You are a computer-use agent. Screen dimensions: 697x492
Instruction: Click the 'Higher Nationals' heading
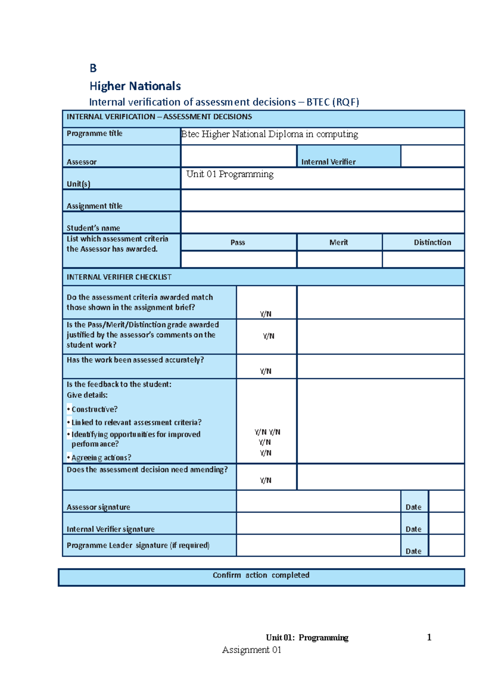135,86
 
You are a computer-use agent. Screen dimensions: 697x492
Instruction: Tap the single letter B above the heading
93,68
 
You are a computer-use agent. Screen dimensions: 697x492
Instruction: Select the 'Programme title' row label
94,133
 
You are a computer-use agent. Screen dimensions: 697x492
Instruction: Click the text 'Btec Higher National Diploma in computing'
270,134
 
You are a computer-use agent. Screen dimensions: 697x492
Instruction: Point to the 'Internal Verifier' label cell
328,162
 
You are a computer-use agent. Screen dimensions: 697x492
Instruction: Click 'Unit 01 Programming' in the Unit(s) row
230,174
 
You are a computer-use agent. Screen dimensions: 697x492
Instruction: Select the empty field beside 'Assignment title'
322,201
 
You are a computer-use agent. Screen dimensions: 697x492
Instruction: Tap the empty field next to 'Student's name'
322,222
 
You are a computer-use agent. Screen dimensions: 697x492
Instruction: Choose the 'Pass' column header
238,243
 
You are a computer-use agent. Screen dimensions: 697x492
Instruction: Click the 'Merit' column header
339,243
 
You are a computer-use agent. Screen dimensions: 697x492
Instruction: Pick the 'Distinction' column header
432,243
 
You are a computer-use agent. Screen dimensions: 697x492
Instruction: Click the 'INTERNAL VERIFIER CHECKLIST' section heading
119,277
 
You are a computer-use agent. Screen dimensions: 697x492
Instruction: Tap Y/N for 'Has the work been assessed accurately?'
266,371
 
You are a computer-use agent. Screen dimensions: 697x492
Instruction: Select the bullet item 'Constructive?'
94,409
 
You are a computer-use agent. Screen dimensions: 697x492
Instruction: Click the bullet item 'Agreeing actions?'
101,457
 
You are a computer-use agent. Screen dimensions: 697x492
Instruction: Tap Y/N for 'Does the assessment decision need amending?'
266,480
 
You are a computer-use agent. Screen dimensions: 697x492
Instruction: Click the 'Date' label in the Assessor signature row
413,507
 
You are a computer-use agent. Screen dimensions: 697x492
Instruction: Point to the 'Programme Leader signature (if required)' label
138,545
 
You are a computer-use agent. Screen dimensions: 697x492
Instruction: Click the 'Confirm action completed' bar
261,575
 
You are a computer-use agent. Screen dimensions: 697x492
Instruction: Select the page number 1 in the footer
429,637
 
